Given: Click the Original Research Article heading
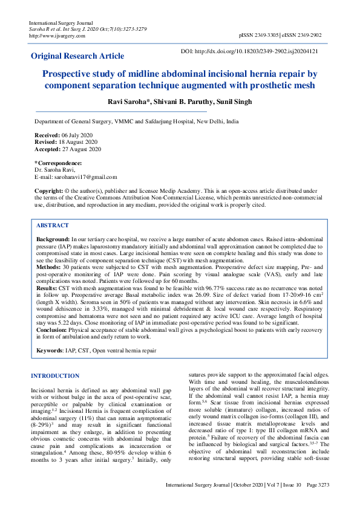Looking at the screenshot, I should point(77,56).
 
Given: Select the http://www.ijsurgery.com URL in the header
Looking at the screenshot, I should point(57,36).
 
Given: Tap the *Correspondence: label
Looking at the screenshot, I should point(58,163).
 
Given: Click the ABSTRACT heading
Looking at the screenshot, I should point(53,225).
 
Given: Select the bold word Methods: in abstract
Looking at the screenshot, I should point(48,267).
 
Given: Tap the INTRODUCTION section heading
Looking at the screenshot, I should point(55,376).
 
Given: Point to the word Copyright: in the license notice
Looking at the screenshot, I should point(48,190).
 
